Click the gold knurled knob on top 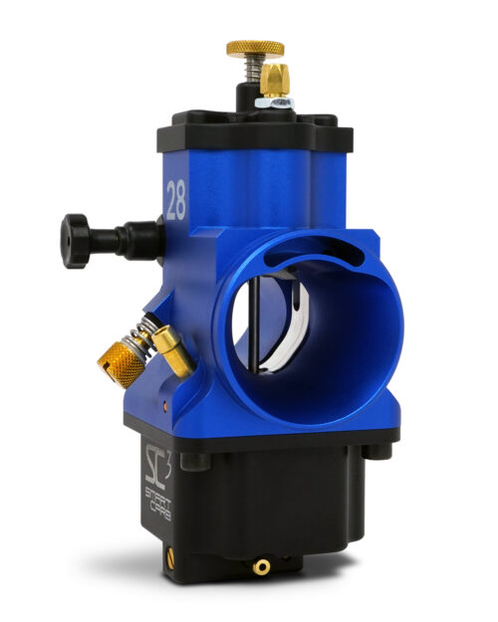click(x=254, y=48)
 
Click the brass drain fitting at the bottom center click(x=262, y=566)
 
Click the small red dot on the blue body click(x=164, y=404)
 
